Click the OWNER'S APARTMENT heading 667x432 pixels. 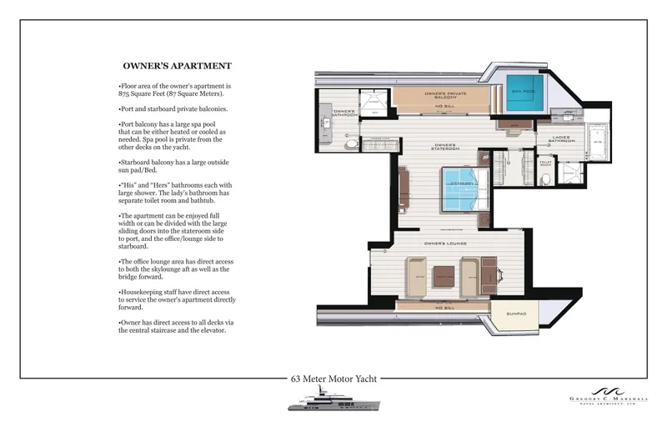click(177, 66)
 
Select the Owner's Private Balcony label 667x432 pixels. click(442, 95)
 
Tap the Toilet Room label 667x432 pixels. click(546, 163)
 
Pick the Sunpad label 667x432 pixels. click(517, 314)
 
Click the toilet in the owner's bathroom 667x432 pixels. click(352, 144)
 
